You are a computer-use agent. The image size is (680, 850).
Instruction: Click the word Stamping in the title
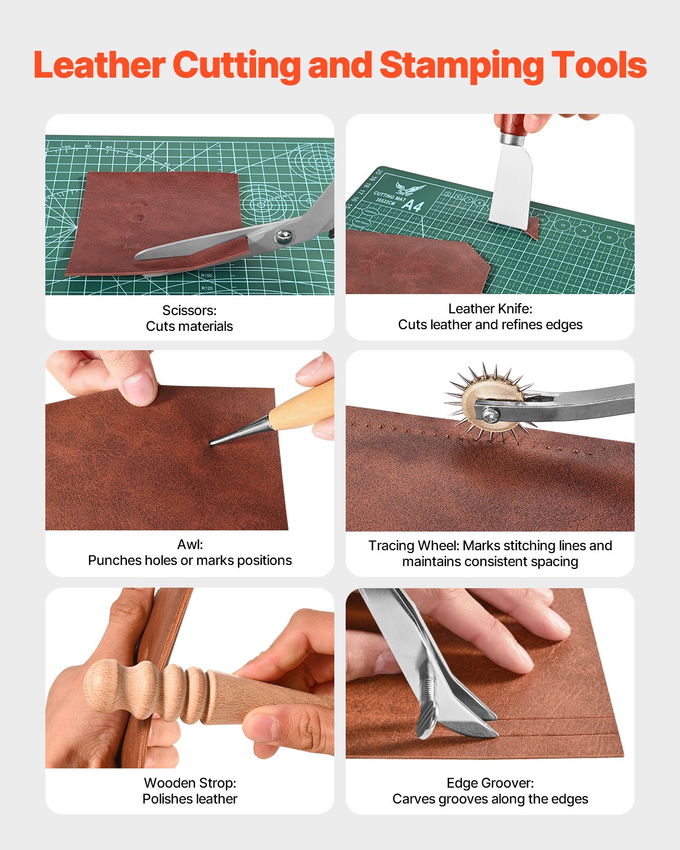[x=461, y=65]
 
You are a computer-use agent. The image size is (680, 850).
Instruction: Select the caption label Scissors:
[x=189, y=311]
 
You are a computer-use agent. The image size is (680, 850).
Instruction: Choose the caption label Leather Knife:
[x=490, y=309]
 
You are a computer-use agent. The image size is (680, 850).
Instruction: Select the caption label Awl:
[x=190, y=545]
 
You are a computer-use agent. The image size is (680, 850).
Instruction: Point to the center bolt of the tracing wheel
[x=490, y=415]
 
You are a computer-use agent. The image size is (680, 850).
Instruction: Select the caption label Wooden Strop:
[x=190, y=783]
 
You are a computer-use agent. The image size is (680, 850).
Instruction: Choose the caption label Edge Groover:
[x=490, y=783]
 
